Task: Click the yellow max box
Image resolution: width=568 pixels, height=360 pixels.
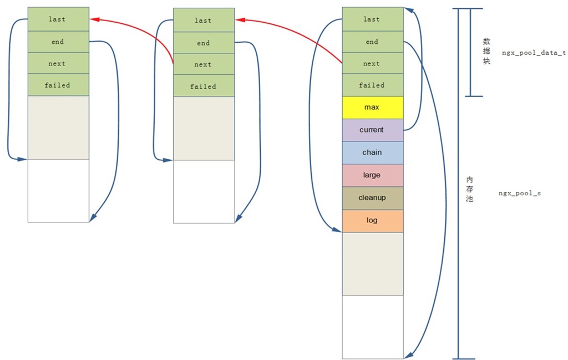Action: pyautogui.click(x=372, y=107)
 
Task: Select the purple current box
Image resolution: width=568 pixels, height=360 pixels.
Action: pyautogui.click(x=372, y=130)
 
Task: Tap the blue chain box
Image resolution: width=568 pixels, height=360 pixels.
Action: pyautogui.click(x=372, y=153)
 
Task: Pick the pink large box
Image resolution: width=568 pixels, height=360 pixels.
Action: pyautogui.click(x=372, y=175)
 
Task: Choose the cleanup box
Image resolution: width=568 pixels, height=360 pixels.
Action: pyautogui.click(x=372, y=198)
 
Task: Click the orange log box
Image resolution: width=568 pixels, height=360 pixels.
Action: pyautogui.click(x=372, y=221)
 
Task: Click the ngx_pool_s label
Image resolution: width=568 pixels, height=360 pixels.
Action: pyautogui.click(x=520, y=194)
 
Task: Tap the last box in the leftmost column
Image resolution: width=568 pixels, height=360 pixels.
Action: pyautogui.click(x=58, y=19)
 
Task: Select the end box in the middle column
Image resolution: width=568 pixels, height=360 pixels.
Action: pyautogui.click(x=204, y=43)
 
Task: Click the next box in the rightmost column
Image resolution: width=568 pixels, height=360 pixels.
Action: pyautogui.click(x=372, y=64)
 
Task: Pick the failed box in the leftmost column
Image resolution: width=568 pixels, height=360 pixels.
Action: pyautogui.click(x=58, y=85)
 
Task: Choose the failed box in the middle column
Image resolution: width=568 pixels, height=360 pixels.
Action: pyautogui.click(x=204, y=87)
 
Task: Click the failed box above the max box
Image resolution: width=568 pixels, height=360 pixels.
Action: pyautogui.click(x=372, y=85)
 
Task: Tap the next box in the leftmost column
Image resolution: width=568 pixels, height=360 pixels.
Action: pyautogui.click(x=58, y=63)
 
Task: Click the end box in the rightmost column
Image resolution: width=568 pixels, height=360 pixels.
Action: pyautogui.click(x=372, y=42)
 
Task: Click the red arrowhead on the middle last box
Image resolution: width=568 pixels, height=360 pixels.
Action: pyautogui.click(x=240, y=21)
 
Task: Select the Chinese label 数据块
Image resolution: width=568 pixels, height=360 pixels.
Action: pyautogui.click(x=486, y=52)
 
